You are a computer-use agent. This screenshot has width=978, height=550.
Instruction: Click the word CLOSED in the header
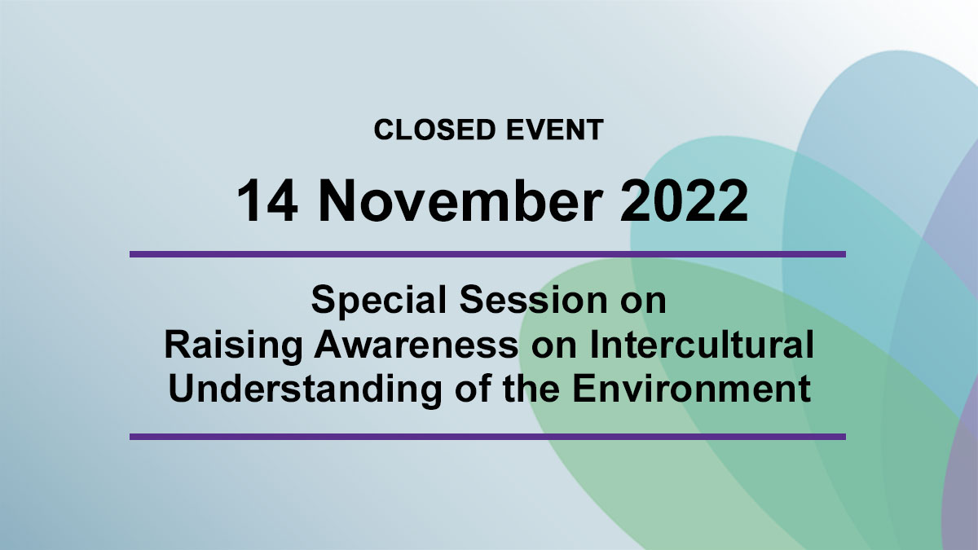pyautogui.click(x=435, y=130)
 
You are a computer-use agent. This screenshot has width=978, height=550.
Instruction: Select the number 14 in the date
pyautogui.click(x=267, y=201)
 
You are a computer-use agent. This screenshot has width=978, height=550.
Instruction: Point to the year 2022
pyautogui.click(x=685, y=200)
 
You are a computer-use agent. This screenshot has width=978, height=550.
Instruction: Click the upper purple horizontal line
pyautogui.click(x=487, y=254)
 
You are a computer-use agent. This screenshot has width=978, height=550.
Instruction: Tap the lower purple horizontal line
pyautogui.click(x=487, y=437)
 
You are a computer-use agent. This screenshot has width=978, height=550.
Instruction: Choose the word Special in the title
pyautogui.click(x=379, y=301)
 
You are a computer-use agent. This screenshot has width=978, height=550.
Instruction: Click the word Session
pyautogui.click(x=533, y=300)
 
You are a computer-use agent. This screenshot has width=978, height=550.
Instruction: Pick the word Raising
pyautogui.click(x=233, y=346)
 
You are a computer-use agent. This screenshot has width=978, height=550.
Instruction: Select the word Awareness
pyautogui.click(x=416, y=345)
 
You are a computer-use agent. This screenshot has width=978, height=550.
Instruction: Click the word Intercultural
pyautogui.click(x=702, y=345)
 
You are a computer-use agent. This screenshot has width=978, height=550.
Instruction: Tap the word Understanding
pyautogui.click(x=305, y=390)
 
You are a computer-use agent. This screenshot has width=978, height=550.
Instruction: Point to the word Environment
pyautogui.click(x=692, y=389)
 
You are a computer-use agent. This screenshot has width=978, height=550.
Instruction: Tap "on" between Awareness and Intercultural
pyautogui.click(x=554, y=348)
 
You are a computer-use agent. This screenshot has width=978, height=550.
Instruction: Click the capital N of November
pyautogui.click(x=337, y=200)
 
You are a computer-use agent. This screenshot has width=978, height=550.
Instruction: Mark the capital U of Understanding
pyautogui.click(x=181, y=389)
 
